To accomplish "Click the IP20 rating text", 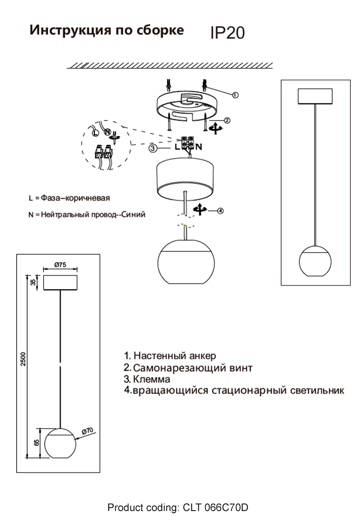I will coord(227,33).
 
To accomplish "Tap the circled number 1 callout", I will coord(235,95).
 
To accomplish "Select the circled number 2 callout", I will coord(227,120).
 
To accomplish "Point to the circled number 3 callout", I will coord(152,148).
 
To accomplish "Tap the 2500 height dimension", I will coord(23,359).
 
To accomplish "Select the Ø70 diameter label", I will coord(87,431).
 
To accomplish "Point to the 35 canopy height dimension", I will coord(33,282).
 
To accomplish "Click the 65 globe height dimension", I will coord(35,443).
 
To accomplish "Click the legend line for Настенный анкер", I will coord(170,356).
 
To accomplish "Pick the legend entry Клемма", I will coord(151,379).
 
